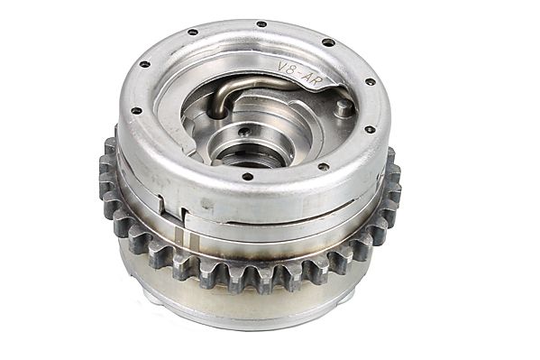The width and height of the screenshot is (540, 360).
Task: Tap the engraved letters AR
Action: point(312,80)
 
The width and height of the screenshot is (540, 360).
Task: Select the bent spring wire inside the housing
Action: point(241,88)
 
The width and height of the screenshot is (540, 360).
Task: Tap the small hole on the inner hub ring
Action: point(244,132)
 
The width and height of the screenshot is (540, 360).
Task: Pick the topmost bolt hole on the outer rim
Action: point(261,24)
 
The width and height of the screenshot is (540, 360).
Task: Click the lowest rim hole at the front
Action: point(248,177)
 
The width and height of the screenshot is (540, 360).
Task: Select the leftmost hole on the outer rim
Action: point(137,111)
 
